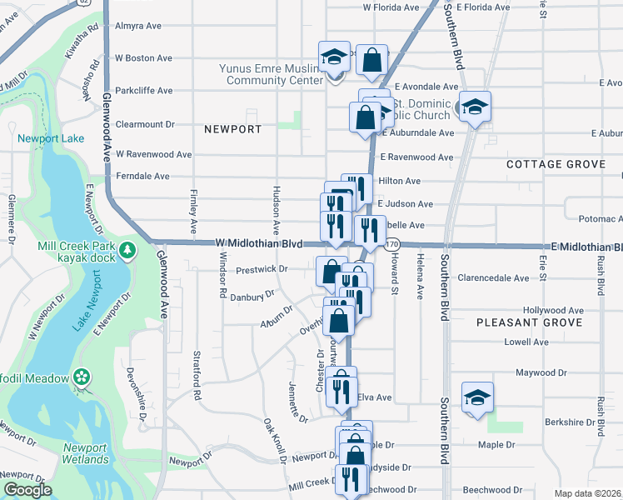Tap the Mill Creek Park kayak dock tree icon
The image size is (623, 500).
tap(127, 250)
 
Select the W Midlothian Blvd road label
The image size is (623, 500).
tap(257, 242)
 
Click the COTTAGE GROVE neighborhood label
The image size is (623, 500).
tap(556, 164)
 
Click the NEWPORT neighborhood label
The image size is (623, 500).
tap(232, 129)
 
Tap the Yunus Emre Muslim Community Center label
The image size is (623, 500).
tap(271, 75)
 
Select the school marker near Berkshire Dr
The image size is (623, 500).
tap(477, 397)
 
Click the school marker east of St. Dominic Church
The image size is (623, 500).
tap(475, 107)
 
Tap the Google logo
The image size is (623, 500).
tap(27, 490)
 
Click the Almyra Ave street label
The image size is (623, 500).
tap(138, 26)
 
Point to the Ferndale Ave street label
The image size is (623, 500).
tap(142, 177)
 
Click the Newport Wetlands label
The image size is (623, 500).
tap(86, 453)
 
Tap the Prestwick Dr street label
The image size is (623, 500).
tap(261, 269)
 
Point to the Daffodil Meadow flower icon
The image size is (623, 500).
tap(82, 377)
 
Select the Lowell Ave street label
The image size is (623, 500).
tap(526, 342)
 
